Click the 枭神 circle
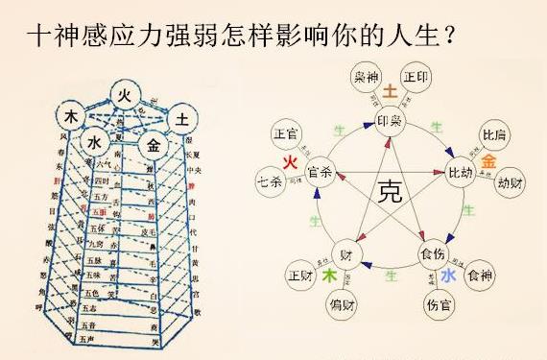[x=365, y=78]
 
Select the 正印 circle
[x=416, y=78]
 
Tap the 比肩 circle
[x=494, y=136]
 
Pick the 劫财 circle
[x=509, y=180]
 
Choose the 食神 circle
[x=478, y=276]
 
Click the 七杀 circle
[x=270, y=180]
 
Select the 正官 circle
[x=286, y=134]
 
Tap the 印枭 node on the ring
[x=390, y=122]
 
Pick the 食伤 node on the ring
[x=433, y=254]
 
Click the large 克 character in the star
[x=389, y=188]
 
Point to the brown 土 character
[x=391, y=92]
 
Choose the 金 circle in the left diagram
[x=151, y=145]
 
